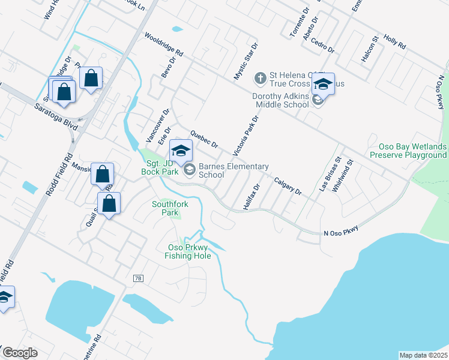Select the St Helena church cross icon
tap(261, 77)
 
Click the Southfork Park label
tap(170, 208)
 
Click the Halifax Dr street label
tap(251, 197)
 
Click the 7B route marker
tap(139, 278)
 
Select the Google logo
tap(20, 353)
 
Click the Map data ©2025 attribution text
tap(423, 355)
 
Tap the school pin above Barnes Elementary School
tap(181, 150)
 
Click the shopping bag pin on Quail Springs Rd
tap(109, 203)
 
